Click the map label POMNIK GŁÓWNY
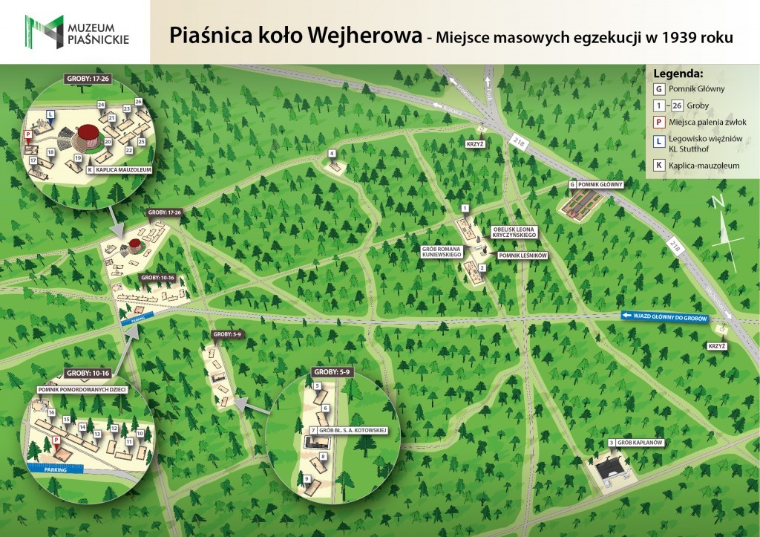599,183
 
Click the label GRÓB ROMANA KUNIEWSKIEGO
442,252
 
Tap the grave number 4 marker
332,154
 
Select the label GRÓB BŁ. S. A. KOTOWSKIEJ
354,431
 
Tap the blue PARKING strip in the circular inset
57,470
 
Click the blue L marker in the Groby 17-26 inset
50,114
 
